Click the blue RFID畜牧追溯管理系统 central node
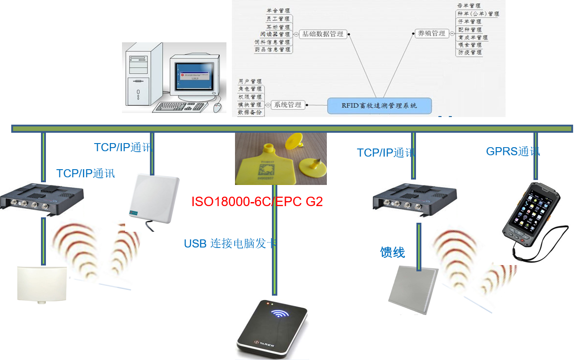pos(379,106)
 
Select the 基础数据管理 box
pos(322,34)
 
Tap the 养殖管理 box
pos(432,33)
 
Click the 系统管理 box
pos(288,105)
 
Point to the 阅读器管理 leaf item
pos(275,34)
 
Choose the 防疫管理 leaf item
pos(470,53)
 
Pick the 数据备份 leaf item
pos(249,112)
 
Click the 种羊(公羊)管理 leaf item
pos(478,14)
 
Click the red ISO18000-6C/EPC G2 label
pos(257,201)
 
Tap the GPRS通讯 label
pos(513,151)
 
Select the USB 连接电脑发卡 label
pos(230,243)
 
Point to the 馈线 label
pos(393,252)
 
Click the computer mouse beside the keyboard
pos(218,107)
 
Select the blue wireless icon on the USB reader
pos(278,314)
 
